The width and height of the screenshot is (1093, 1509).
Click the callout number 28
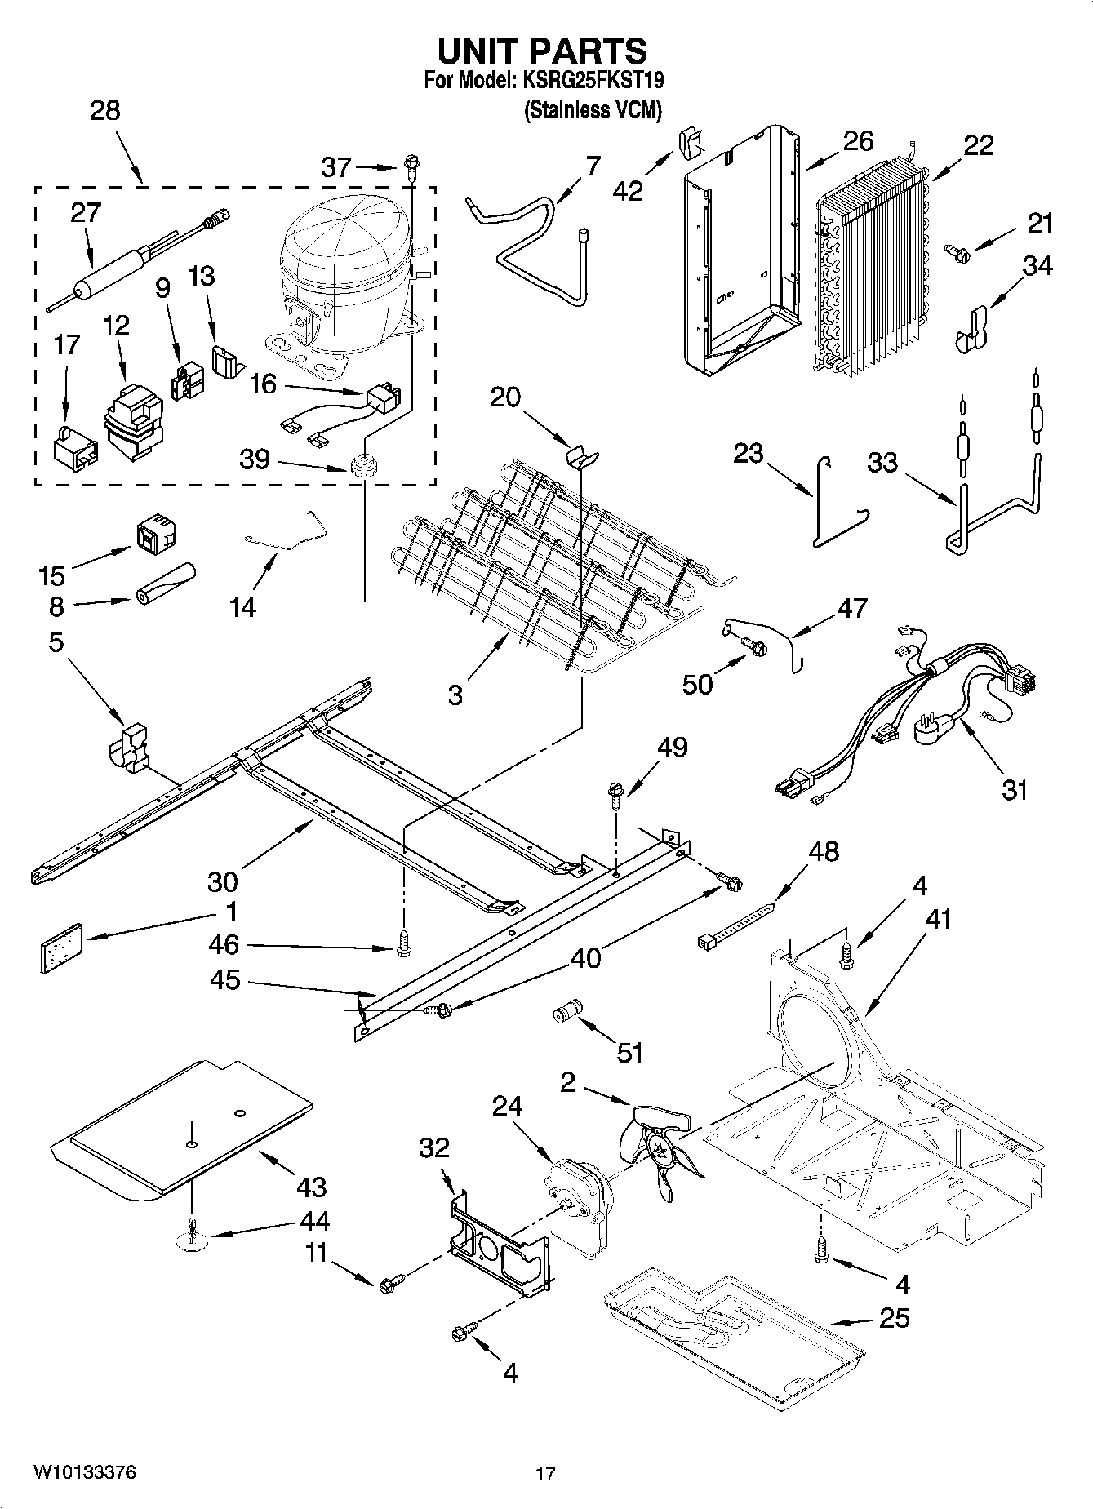(104, 110)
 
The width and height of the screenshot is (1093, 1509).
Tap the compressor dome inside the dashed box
(339, 245)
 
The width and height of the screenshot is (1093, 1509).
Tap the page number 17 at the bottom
(545, 1474)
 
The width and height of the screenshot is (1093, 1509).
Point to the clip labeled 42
(690, 145)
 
